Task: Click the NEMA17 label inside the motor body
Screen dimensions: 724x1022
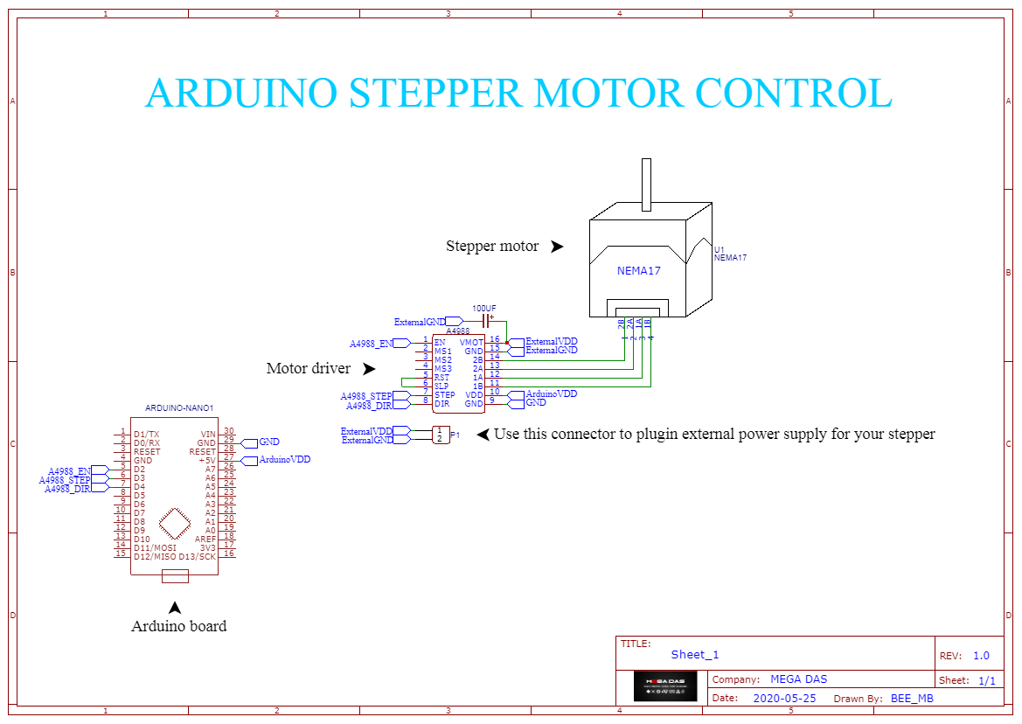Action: tap(638, 271)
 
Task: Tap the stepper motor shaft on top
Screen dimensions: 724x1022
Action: tap(646, 184)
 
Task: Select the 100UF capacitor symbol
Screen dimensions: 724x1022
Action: tap(484, 322)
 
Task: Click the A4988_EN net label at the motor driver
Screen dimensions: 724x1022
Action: tap(372, 344)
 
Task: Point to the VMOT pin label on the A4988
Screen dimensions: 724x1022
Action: tap(471, 342)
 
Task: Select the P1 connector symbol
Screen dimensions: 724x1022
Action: tap(441, 435)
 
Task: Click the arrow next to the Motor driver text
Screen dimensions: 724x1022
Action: tap(369, 369)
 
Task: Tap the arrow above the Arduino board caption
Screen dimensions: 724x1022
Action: tap(175, 607)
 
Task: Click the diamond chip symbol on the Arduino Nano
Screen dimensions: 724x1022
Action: tap(175, 523)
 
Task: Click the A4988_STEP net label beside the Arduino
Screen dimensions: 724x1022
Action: tap(66, 480)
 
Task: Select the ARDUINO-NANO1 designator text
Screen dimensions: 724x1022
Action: tap(178, 408)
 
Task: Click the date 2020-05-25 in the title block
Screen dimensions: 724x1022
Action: tap(784, 698)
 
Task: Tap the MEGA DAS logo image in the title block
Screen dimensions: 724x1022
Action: tap(665, 686)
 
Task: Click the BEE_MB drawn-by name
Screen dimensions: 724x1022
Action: tap(912, 698)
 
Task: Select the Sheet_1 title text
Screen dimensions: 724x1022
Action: tap(694, 655)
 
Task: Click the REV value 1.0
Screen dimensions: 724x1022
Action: tap(981, 656)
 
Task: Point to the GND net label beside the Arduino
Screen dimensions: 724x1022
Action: tap(268, 442)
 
